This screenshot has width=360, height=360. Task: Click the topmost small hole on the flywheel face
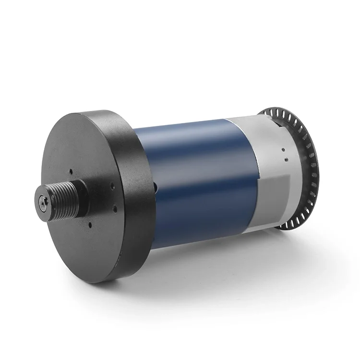71,170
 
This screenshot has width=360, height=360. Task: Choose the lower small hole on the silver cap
286,161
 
